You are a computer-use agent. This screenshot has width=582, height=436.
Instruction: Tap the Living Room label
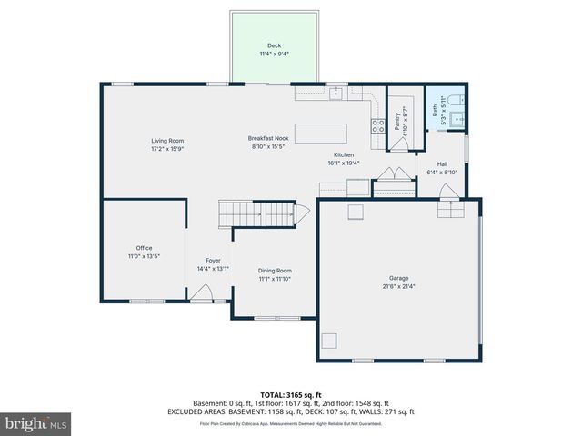(x=167, y=141)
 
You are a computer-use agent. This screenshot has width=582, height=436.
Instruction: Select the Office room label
(x=144, y=248)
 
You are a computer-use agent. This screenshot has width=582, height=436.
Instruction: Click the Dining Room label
(x=275, y=271)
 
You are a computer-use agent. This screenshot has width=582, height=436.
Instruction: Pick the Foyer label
(x=213, y=261)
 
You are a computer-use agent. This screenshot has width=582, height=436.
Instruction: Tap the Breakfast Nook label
(x=266, y=138)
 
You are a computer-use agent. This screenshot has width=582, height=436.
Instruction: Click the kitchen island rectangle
(x=320, y=134)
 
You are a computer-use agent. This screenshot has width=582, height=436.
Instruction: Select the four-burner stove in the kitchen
(x=376, y=126)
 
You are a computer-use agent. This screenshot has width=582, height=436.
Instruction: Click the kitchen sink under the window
(x=336, y=92)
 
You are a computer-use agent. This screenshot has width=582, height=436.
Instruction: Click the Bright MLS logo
(x=36, y=423)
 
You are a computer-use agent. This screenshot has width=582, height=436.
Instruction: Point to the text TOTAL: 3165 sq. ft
(x=291, y=395)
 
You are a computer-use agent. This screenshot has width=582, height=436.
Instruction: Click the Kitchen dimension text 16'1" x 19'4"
(x=345, y=163)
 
